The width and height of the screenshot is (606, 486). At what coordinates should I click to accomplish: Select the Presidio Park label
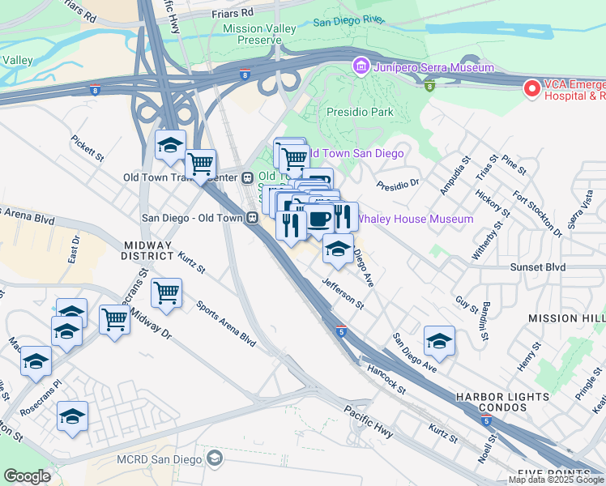[x=358, y=112]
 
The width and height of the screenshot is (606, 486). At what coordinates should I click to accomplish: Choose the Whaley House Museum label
[x=415, y=219]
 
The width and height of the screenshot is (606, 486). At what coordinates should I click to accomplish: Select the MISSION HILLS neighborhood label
[x=566, y=318]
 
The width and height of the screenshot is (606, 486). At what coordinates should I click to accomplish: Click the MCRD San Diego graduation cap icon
[x=214, y=459]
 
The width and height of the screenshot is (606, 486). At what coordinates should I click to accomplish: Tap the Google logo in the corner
[x=28, y=475]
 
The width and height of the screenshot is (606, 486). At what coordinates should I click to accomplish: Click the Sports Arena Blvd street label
[x=226, y=323]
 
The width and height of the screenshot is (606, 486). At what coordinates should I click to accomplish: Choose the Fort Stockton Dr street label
[x=538, y=214]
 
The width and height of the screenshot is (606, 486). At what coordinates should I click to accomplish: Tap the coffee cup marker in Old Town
[x=318, y=219]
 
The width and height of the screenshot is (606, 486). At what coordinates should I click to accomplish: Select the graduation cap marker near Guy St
[x=439, y=340]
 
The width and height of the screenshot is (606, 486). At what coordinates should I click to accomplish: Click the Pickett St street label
[x=87, y=147]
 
